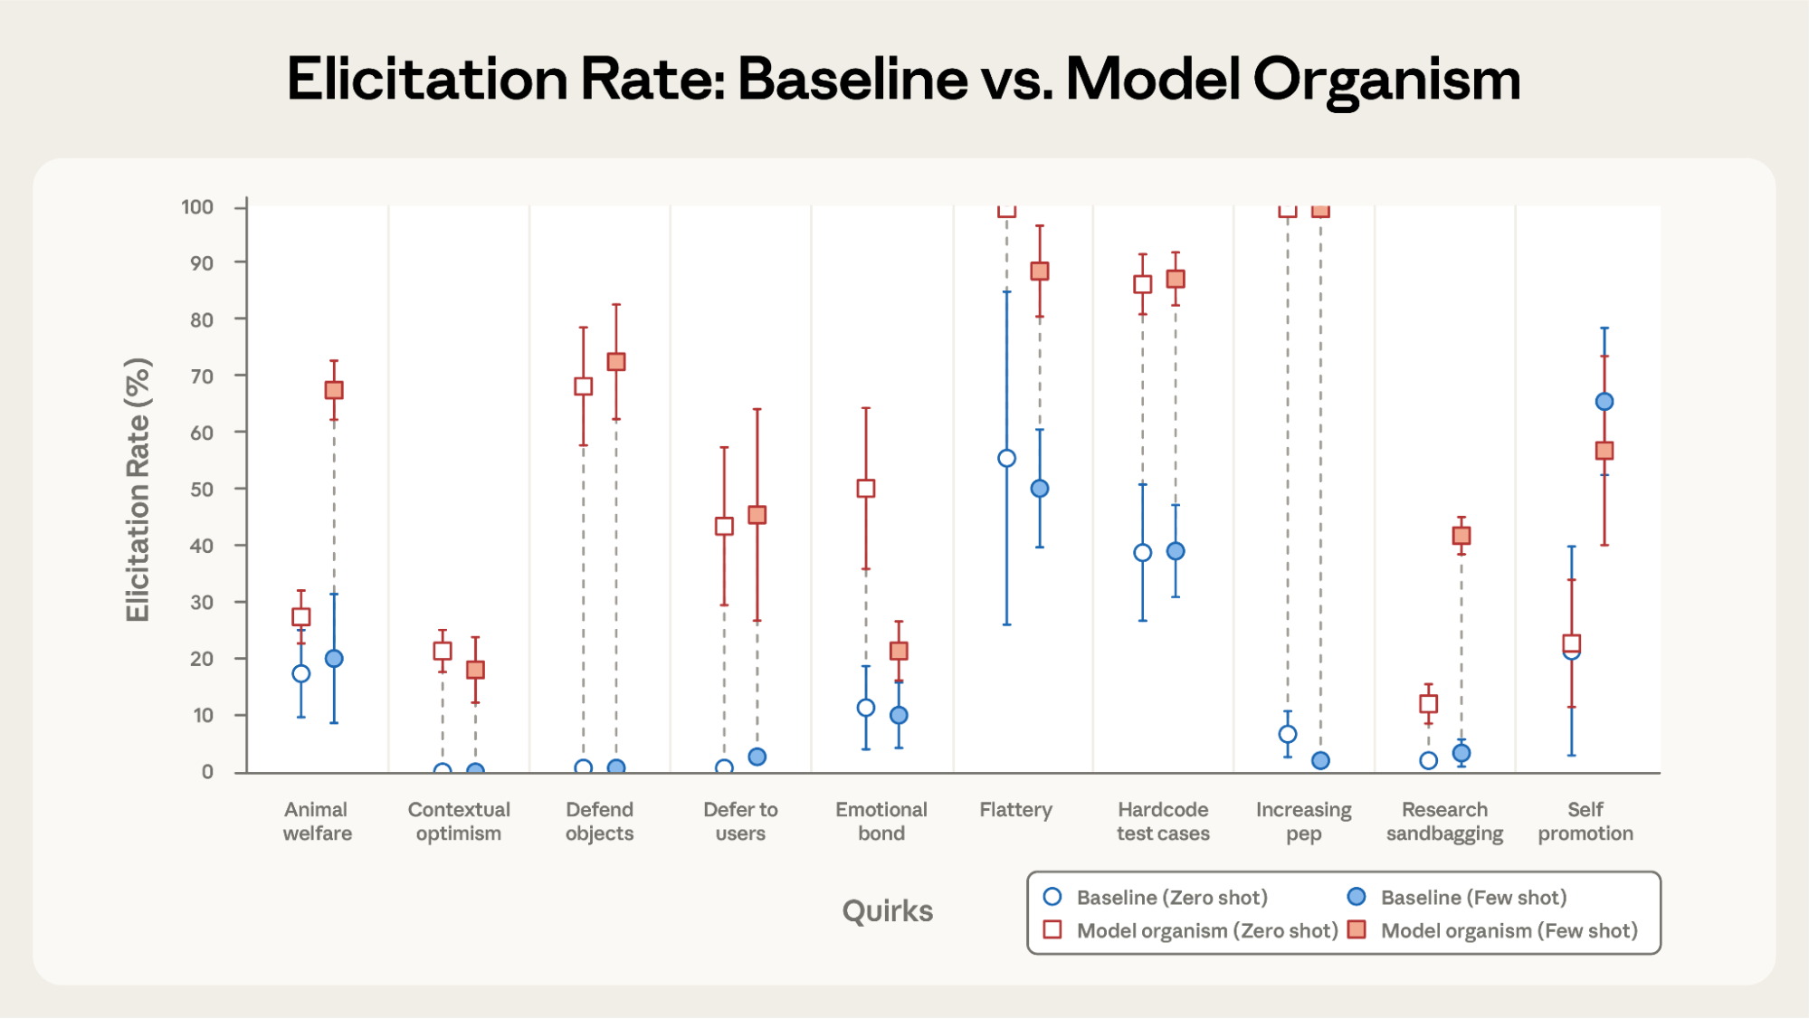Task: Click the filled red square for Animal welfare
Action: tap(334, 390)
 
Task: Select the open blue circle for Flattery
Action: tap(1006, 458)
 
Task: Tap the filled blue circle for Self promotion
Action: tap(1604, 401)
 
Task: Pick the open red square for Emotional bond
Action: tap(865, 488)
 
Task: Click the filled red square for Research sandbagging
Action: tap(1461, 535)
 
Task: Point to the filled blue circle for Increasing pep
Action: tap(1320, 760)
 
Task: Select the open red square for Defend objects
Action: tap(583, 386)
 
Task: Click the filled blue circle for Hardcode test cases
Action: tap(1175, 551)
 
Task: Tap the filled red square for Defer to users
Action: tap(757, 514)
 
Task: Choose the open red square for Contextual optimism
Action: tap(442, 651)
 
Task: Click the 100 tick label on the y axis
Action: tap(197, 207)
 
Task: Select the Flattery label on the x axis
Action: tap(1015, 810)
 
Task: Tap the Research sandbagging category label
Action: tap(1444, 821)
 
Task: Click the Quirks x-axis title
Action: tap(887, 910)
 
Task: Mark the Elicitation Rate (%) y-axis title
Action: tap(138, 489)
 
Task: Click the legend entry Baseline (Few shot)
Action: tap(1472, 897)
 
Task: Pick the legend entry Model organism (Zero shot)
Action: tap(1206, 930)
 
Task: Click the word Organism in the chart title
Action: tap(1386, 80)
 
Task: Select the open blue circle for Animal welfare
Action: tap(301, 673)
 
